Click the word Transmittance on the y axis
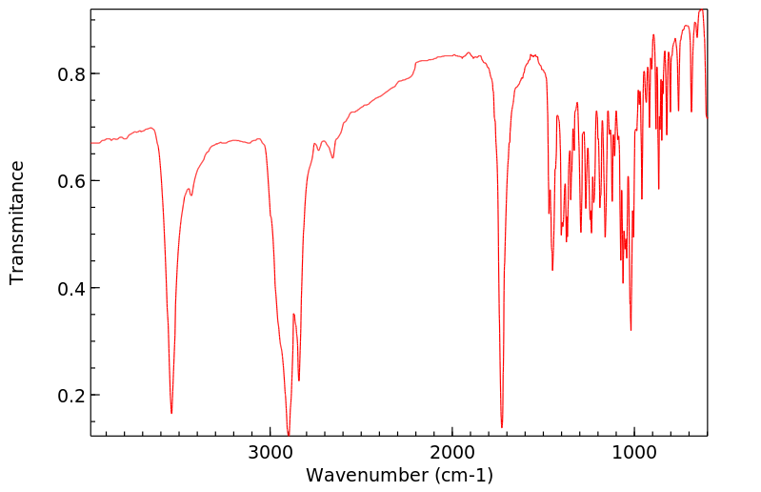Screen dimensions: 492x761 [x=17, y=222]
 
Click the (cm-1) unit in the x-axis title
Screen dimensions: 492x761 [x=464, y=475]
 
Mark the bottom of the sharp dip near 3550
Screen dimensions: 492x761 [x=171, y=413]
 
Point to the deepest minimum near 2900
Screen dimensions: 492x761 [x=289, y=435]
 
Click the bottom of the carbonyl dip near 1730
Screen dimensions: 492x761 [x=502, y=427]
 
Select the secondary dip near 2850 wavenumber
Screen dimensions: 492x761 [x=299, y=380]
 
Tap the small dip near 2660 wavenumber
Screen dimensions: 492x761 [x=332, y=157]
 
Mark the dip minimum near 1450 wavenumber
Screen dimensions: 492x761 [x=552, y=270]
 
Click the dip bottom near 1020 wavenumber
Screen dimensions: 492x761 [x=631, y=330]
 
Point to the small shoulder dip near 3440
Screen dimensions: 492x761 [x=191, y=195]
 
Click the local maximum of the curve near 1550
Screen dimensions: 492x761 [x=533, y=55]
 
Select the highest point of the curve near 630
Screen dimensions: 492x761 [x=702, y=10]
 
